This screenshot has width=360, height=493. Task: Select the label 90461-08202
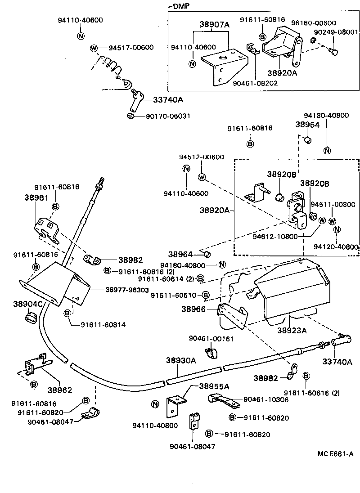[255, 83]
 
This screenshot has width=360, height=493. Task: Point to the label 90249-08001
[336, 32]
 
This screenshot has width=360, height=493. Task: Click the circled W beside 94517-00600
[94, 48]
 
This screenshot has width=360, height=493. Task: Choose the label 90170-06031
[168, 116]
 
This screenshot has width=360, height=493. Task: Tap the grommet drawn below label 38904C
[30, 320]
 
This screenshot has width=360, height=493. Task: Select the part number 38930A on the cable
[181, 360]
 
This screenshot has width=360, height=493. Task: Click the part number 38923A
[292, 331]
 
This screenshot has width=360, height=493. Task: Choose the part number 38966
[193, 309]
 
